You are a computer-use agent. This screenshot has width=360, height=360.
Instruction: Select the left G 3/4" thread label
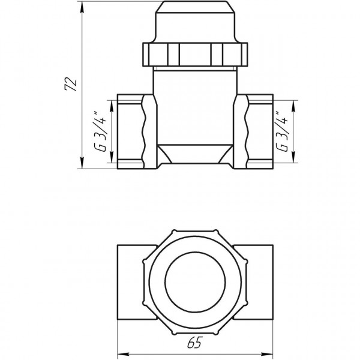pos(103,133)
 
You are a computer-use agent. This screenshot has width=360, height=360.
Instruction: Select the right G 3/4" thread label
pos(280,133)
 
